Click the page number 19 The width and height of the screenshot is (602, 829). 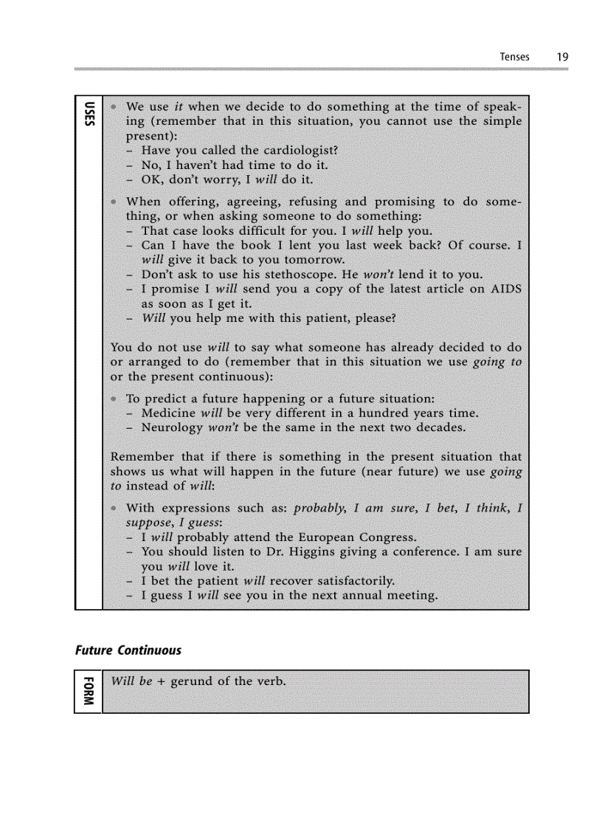coord(562,56)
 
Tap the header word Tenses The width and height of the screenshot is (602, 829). coord(514,56)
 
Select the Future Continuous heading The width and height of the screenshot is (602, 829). coord(128,650)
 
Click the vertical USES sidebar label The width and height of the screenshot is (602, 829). coord(89,114)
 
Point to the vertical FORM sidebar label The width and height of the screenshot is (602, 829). coord(89,691)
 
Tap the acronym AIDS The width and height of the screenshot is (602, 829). coord(506,289)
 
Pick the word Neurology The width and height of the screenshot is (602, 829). coord(171,428)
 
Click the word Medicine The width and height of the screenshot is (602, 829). coord(168,413)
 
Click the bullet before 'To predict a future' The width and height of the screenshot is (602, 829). coord(114,399)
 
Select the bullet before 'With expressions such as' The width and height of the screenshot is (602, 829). coord(114,508)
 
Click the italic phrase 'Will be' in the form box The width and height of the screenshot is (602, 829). coord(131,681)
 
